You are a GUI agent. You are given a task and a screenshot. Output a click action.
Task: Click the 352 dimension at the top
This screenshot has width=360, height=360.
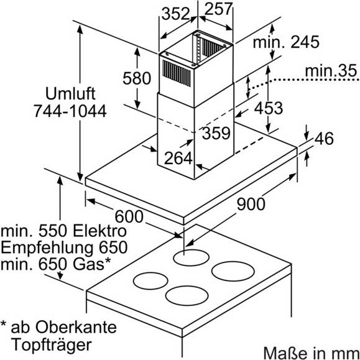coord(175,14)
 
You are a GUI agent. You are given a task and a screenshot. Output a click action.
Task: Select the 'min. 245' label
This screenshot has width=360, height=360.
coord(286,42)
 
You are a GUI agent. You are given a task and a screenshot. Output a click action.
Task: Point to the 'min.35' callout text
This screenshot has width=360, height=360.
coord(331,71)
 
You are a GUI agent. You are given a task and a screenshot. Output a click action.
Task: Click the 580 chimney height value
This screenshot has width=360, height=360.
coord(137,78)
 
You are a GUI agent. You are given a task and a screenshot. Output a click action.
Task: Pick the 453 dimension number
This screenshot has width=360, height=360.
coord(269,108)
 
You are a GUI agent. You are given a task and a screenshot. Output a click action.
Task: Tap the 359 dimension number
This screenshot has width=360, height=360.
coord(216,133)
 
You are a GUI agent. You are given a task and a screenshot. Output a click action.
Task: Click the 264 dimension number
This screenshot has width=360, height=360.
coord(178,158)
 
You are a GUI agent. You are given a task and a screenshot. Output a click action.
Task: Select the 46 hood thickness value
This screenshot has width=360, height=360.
coord(324,139)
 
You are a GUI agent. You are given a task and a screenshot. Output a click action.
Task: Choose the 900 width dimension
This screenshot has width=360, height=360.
coord(251,204)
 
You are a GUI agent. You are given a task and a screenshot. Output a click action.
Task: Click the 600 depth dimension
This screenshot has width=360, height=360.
coord(129,216)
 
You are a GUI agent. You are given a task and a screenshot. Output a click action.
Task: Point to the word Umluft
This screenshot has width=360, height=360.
coord(70,93)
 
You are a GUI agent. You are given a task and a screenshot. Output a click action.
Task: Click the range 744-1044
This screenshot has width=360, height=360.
coord(70,111)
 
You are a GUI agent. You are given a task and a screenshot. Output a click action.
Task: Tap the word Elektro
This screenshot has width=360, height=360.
coord(99,231)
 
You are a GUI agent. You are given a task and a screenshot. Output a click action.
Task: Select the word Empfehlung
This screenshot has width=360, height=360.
coord(47,247)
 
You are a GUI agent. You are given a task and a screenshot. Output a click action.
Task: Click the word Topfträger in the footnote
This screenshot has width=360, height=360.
coord(52,344)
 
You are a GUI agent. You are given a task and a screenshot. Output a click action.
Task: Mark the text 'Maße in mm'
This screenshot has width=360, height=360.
coord(311,353)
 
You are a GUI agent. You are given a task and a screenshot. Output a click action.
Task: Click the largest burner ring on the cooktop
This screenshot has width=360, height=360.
coord(233,271)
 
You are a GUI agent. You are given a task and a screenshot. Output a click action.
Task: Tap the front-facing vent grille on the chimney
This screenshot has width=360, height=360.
coord(177,73)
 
